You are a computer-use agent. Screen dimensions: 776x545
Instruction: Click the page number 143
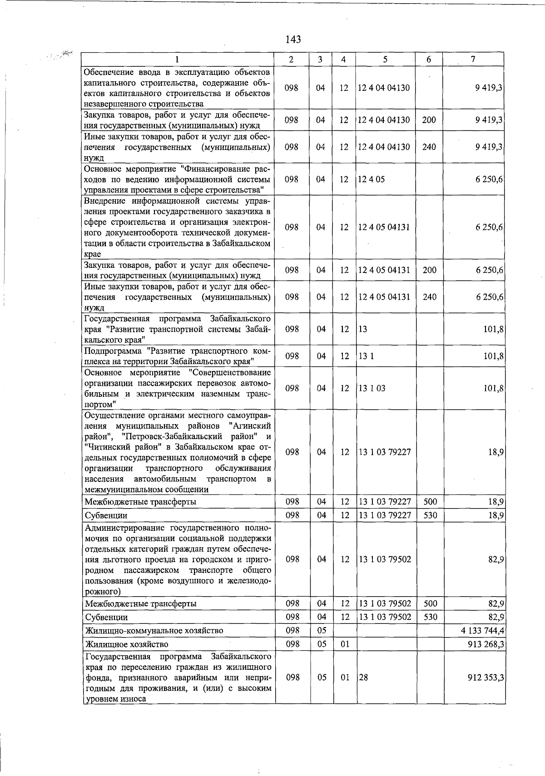pyautogui.click(x=293, y=40)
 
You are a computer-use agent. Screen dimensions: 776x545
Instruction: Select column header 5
pyautogui.click(x=385, y=59)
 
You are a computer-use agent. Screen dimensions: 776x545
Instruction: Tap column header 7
pyautogui.click(x=473, y=59)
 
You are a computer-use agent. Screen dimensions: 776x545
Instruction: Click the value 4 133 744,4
pyautogui.click(x=481, y=631)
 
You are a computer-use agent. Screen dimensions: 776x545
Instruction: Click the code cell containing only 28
pyautogui.click(x=363, y=677)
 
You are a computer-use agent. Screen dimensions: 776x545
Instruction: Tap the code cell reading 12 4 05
pyautogui.click(x=372, y=179)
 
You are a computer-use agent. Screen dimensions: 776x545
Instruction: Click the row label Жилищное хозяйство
pyautogui.click(x=126, y=644)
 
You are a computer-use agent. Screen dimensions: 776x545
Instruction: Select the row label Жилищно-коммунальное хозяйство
pyautogui.click(x=154, y=631)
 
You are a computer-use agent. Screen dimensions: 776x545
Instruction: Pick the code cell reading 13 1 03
pyautogui.click(x=372, y=388)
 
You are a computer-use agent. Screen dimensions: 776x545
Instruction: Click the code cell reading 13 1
pyautogui.click(x=366, y=356)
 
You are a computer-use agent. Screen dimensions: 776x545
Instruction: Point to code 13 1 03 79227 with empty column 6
pyautogui.click(x=385, y=452)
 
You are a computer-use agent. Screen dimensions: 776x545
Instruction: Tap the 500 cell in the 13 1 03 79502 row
pyautogui.click(x=430, y=603)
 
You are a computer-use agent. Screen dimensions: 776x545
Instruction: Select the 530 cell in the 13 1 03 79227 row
pyautogui.click(x=430, y=515)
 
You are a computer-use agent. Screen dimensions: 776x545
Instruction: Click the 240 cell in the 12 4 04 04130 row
pyautogui.click(x=429, y=147)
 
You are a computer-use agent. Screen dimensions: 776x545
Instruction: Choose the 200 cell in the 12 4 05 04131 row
pyautogui.click(x=429, y=270)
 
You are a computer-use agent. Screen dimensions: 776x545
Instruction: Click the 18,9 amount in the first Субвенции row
pyautogui.click(x=495, y=515)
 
